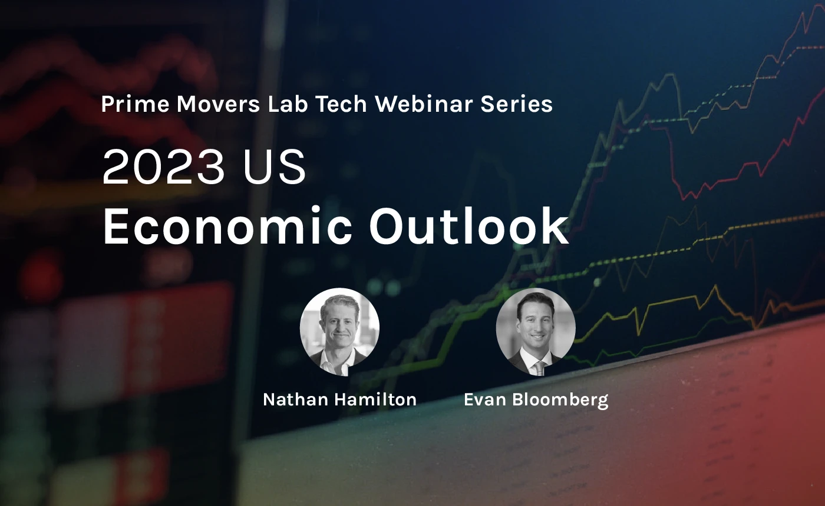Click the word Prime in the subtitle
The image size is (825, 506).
(x=135, y=104)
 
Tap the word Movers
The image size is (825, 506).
(x=219, y=104)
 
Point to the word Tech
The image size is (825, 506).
(x=341, y=104)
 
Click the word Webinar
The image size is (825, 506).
(x=424, y=104)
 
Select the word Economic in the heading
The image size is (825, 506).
(x=227, y=226)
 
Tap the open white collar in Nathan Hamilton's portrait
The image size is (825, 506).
(x=337, y=364)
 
